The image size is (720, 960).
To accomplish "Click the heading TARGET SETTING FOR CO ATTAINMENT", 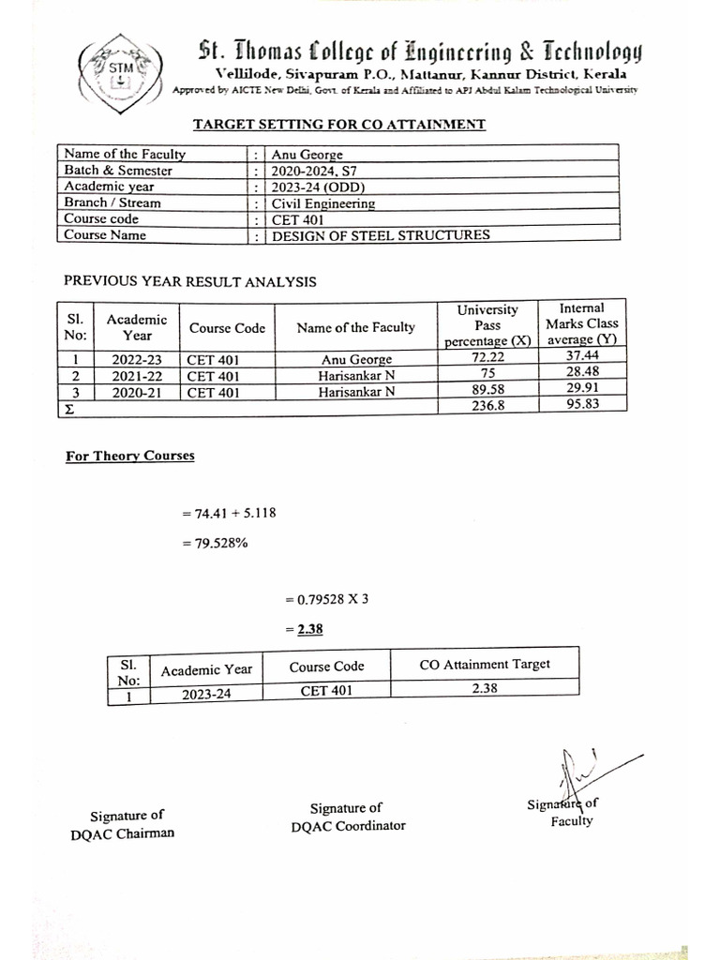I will point(338,124).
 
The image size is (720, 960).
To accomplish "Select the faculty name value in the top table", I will point(307,155).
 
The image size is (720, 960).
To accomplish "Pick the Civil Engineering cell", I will point(323,203).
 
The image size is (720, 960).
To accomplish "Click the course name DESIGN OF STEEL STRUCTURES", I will point(381,235).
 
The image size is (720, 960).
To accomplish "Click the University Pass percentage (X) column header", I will point(487,324).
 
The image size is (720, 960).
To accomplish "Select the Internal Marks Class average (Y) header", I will point(581,323).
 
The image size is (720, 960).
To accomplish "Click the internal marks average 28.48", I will point(581,375).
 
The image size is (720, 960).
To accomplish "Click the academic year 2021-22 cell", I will point(137,376).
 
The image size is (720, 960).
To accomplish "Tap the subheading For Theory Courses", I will point(130,457).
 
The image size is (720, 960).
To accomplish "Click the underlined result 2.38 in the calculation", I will point(310,630).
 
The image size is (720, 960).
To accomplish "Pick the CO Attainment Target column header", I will point(485,665).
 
